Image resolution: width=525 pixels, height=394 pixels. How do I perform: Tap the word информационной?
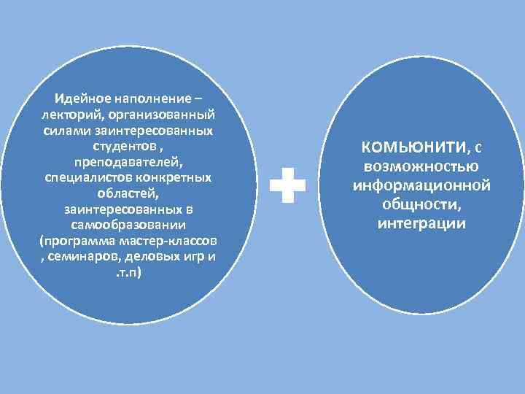tap(421, 185)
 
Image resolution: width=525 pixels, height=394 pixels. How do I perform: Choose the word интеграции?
tap(421, 223)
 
